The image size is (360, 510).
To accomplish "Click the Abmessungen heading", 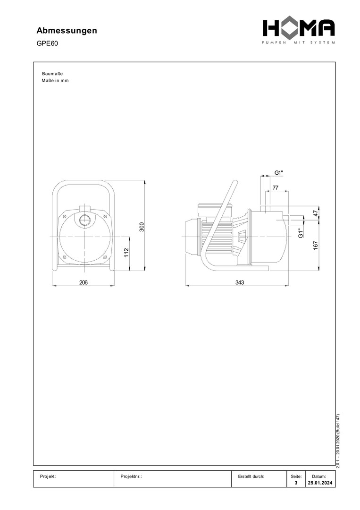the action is pos(67,31).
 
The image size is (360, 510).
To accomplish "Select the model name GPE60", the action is pos(47,43).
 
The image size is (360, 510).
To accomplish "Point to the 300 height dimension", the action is pos(142,227).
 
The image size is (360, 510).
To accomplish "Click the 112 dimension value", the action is pos(126,252).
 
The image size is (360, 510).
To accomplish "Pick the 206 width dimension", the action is pos(84,282).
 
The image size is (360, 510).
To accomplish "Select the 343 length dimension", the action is pos(240,282).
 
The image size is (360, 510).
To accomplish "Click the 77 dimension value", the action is pos(275,187).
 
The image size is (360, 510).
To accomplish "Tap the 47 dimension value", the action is pos(316,214).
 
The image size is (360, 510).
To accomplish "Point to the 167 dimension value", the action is pos(316,245).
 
